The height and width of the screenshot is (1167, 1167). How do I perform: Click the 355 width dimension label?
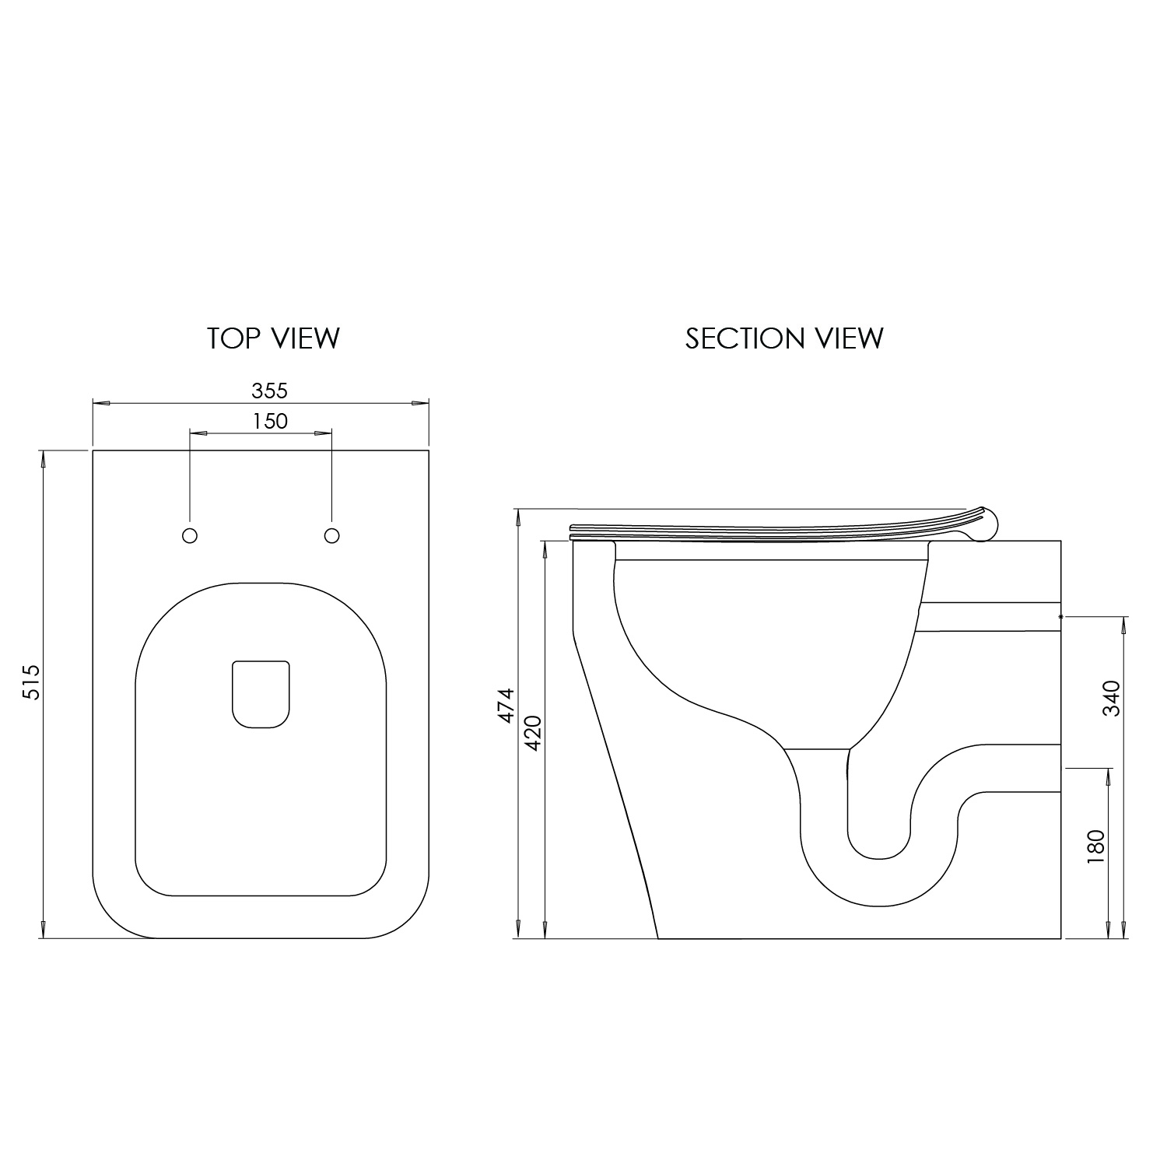coord(270,390)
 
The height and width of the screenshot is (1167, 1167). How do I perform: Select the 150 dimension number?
coord(270,421)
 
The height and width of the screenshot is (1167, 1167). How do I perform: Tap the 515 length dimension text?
coord(30,682)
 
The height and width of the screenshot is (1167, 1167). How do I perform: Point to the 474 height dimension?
coord(506,706)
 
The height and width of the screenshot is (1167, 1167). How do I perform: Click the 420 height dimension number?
coord(534,732)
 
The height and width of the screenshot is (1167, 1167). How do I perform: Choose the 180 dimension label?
coord(1095,846)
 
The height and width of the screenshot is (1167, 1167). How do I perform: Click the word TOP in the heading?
coord(233,338)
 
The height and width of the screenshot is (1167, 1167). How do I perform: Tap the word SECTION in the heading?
coord(745,338)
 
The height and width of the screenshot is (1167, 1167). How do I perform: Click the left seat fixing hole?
coord(189,535)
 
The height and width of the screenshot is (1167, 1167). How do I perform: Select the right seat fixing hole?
coord(331,535)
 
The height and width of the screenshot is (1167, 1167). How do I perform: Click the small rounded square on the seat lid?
coord(261,695)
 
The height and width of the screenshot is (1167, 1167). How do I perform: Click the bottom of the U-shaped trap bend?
coord(878,906)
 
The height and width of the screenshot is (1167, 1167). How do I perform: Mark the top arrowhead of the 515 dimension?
coord(43,459)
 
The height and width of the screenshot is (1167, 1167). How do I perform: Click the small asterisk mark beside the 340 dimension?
coord(1061,615)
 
